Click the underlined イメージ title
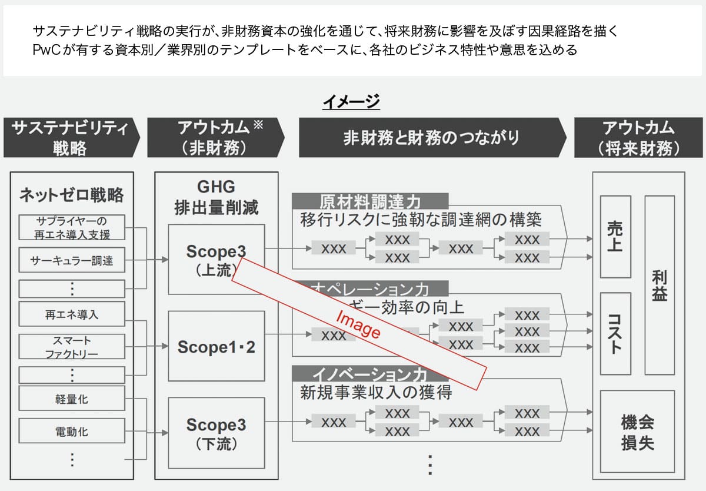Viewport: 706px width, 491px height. click(351, 102)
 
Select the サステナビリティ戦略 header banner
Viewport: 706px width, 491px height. click(71, 138)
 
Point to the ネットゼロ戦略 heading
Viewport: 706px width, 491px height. click(72, 195)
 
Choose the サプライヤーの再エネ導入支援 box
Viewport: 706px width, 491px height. click(72, 228)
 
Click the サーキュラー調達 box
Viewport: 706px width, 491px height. click(72, 260)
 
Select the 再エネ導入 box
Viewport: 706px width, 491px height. click(72, 314)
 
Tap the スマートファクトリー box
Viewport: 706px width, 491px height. click(72, 347)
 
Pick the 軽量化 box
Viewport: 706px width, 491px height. click(72, 399)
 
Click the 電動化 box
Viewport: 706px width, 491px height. click(72, 431)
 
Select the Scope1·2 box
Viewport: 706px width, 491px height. click(216, 347)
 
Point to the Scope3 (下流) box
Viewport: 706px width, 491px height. click(216, 432)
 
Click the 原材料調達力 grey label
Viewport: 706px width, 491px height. click(370, 201)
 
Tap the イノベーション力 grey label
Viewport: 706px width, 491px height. click(370, 373)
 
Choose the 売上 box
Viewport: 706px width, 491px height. click(615, 236)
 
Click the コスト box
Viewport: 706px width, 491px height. click(615, 333)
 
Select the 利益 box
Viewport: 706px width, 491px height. click(660, 285)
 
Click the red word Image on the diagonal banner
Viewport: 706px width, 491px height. click(358, 324)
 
